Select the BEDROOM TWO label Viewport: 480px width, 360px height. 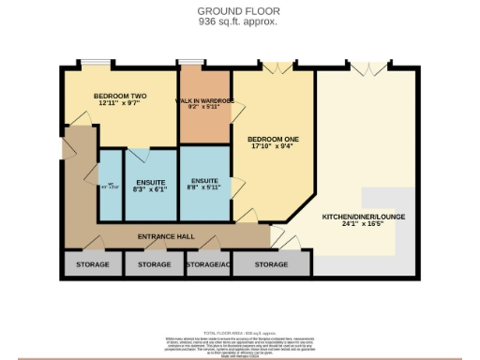(x=117, y=97)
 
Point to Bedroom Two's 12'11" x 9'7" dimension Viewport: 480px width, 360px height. (x=117, y=105)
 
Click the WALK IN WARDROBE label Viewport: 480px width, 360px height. (x=204, y=100)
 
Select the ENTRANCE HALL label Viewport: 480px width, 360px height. (x=166, y=236)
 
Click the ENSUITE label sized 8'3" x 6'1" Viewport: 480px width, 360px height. (x=150, y=181)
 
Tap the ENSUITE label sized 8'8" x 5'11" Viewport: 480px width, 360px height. (x=204, y=181)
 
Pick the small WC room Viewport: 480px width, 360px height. (x=111, y=186)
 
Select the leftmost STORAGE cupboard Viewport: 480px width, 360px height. (x=86, y=265)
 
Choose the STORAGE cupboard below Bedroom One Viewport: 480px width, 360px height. (x=271, y=265)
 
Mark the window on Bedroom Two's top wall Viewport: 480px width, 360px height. (x=94, y=64)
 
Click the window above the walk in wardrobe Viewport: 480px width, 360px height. (x=191, y=64)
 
